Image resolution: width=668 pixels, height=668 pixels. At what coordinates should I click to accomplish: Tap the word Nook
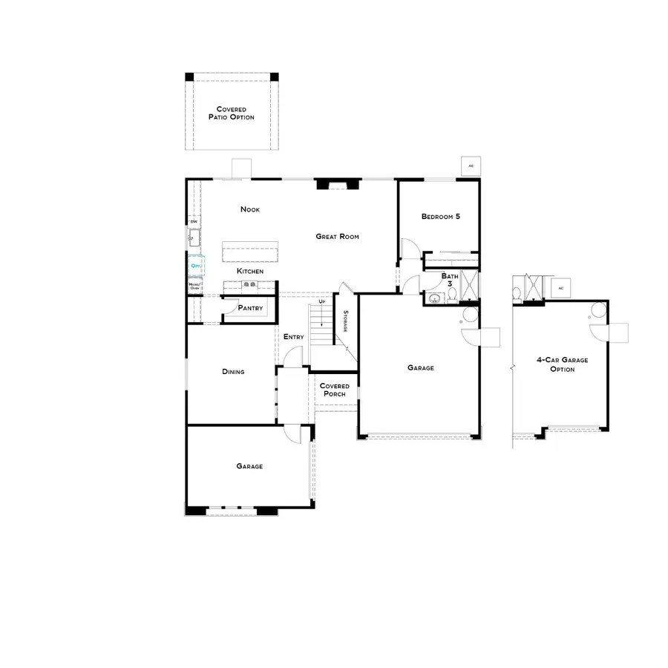pyautogui.click(x=250, y=209)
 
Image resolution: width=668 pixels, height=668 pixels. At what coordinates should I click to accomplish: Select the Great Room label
pyautogui.click(x=338, y=237)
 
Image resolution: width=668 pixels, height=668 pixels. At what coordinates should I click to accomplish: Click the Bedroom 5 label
pyautogui.click(x=441, y=217)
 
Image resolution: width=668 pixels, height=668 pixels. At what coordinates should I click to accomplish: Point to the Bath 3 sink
pyautogui.click(x=433, y=300)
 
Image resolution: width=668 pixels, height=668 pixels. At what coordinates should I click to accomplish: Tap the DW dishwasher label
pyautogui.click(x=194, y=221)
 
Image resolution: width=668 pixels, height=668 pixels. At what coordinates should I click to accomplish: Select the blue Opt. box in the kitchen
pyautogui.click(x=195, y=265)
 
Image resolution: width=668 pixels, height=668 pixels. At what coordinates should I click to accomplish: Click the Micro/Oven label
pyautogui.click(x=194, y=286)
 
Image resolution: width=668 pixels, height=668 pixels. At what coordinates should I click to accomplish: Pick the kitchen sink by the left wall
pyautogui.click(x=194, y=238)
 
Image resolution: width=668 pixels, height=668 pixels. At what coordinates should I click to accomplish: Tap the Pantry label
pyautogui.click(x=250, y=308)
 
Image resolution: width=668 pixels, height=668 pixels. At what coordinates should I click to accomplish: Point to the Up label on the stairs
pyautogui.click(x=321, y=302)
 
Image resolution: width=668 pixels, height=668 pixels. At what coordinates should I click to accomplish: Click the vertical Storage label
pyautogui.click(x=345, y=320)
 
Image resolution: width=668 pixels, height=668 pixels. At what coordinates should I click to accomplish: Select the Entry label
pyautogui.click(x=293, y=337)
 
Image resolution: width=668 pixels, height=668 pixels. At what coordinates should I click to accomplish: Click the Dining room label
pyautogui.click(x=233, y=372)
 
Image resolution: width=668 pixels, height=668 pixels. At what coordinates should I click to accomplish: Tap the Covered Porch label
pyautogui.click(x=334, y=390)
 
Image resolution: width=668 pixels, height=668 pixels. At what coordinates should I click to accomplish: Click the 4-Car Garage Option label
pyautogui.click(x=562, y=364)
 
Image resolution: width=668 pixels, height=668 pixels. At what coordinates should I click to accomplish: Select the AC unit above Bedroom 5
pyautogui.click(x=470, y=166)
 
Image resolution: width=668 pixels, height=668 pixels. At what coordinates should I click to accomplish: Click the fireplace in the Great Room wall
pyautogui.click(x=327, y=184)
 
